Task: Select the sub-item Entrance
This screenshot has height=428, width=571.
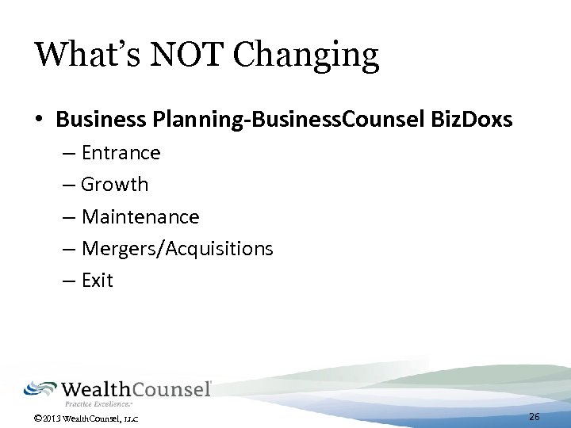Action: click(x=121, y=152)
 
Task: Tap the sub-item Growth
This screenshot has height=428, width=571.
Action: click(x=115, y=185)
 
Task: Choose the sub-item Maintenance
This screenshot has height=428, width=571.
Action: click(x=140, y=216)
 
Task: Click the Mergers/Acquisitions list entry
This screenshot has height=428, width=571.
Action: click(x=178, y=249)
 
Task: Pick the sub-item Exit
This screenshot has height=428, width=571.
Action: click(x=98, y=281)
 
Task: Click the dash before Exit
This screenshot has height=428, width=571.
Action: click(x=68, y=281)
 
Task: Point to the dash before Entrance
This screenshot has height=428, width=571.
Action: click(x=68, y=152)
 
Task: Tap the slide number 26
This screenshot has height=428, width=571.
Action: click(x=535, y=417)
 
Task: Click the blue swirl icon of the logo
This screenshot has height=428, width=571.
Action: click(x=40, y=388)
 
